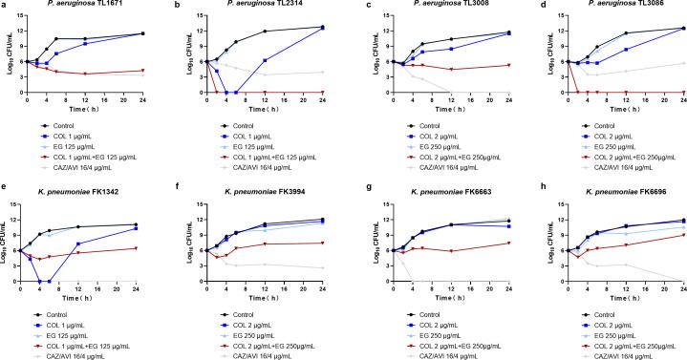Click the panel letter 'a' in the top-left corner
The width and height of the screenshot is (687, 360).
click(x=4, y=6)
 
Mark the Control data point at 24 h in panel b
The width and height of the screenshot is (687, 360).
click(x=321, y=27)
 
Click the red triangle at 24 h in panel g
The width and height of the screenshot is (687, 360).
click(x=496, y=243)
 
